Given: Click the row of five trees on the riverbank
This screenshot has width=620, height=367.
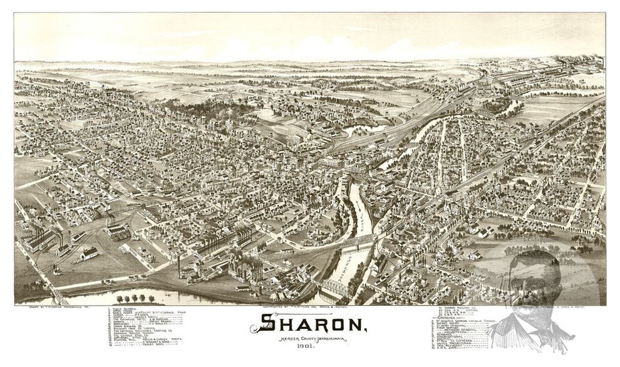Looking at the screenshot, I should [134, 299].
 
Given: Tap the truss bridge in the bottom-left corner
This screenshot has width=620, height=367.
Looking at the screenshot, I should [53, 294].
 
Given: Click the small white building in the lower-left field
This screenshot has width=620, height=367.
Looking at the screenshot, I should [88, 253].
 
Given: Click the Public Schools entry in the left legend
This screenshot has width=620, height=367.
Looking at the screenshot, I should [126, 309].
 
